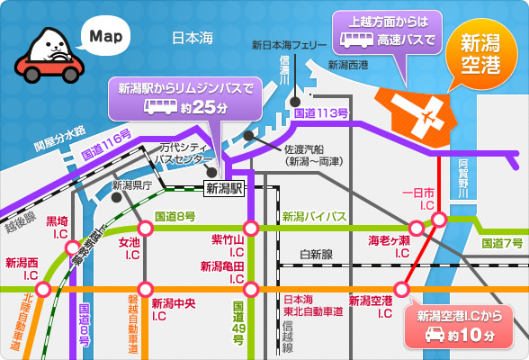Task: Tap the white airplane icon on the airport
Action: (x=419, y=115)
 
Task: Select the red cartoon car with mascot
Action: (x=49, y=59)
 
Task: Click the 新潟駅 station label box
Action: (x=223, y=188)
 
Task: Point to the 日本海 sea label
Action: (x=193, y=38)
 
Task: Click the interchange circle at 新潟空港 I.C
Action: (x=401, y=289)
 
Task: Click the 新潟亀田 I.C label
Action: (x=223, y=273)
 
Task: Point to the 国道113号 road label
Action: (x=321, y=113)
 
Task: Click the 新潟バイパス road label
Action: (x=313, y=217)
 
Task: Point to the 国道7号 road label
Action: (x=501, y=243)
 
